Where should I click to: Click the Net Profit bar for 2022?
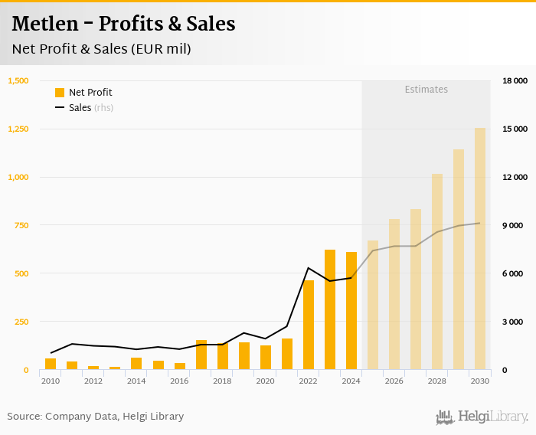click(309, 325)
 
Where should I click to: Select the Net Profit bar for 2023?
click(330, 309)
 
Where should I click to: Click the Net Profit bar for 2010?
click(51, 364)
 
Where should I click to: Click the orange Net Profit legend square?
click(60, 93)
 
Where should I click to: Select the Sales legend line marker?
click(60, 108)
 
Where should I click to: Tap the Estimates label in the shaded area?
click(426, 90)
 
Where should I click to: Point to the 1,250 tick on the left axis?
click(18, 129)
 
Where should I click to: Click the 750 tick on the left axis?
click(21, 225)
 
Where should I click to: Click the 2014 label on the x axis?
click(136, 381)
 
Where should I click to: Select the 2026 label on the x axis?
click(394, 381)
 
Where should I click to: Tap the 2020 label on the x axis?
click(266, 381)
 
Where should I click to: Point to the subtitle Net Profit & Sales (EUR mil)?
click(101, 49)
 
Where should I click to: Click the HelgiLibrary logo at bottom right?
click(482, 417)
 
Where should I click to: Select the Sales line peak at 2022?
click(309, 268)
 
